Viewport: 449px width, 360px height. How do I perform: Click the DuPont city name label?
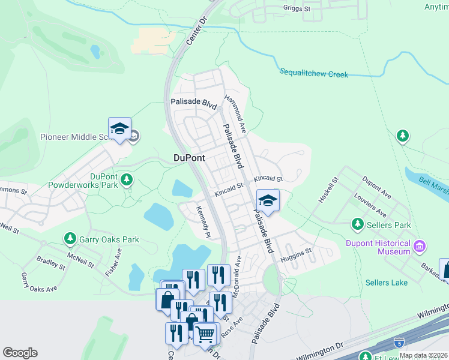point(189,158)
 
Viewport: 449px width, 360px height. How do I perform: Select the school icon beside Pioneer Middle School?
point(119,130)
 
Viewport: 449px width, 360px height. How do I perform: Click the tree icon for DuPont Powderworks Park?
point(126,179)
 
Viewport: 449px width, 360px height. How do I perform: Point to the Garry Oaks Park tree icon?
point(70,239)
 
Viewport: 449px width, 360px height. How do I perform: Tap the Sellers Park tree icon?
point(358,224)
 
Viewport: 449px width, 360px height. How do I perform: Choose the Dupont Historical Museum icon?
point(420,245)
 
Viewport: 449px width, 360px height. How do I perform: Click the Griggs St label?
point(297,9)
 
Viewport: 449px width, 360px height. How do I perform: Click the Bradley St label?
point(50,262)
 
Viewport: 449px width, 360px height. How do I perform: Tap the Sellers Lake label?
point(387,283)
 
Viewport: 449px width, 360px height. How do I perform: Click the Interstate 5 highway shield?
point(399,342)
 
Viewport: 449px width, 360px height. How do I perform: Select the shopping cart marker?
point(205,333)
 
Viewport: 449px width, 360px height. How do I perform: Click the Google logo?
point(20,353)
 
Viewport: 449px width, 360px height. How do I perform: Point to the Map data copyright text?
point(423,355)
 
